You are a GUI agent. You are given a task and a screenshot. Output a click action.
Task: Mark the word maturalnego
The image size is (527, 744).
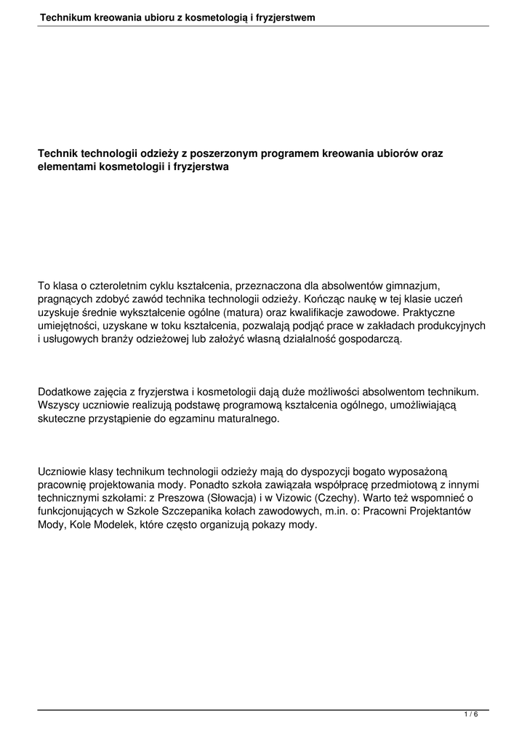tap(247, 418)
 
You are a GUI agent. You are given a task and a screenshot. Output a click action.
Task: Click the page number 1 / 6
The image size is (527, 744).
tap(471, 715)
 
